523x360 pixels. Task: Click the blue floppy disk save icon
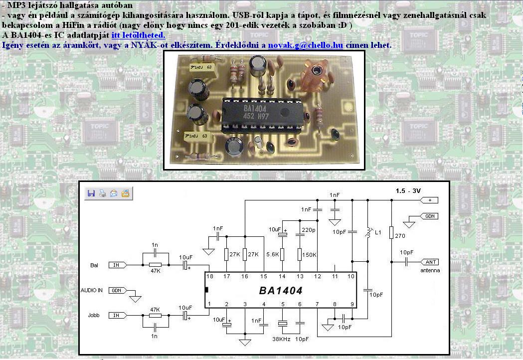(91, 193)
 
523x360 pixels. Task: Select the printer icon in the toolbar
(102, 193)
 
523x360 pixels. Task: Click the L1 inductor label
(378, 233)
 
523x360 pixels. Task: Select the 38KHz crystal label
(282, 339)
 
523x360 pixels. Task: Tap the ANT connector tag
(430, 262)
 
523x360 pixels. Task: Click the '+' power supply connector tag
(429, 200)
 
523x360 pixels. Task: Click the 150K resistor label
(310, 254)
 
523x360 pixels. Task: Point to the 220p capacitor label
(309, 230)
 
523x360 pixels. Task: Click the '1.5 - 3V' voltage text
(408, 191)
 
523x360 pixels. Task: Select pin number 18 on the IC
(210, 276)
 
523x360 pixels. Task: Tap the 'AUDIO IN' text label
(92, 290)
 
